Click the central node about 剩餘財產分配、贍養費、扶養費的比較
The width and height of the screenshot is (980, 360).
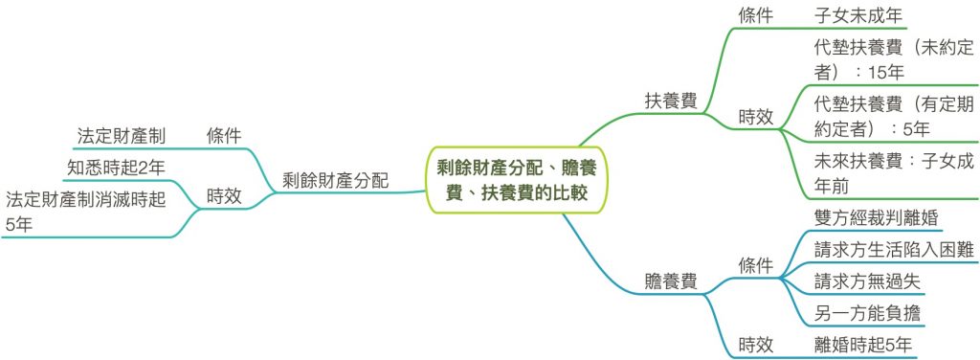(x=516, y=180)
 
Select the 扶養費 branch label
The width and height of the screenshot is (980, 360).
(x=671, y=101)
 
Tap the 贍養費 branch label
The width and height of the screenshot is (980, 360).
(x=671, y=281)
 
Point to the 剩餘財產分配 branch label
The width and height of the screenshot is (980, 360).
(x=336, y=181)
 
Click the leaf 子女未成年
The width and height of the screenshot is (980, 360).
(x=858, y=14)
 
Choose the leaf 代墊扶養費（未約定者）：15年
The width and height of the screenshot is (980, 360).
(x=895, y=60)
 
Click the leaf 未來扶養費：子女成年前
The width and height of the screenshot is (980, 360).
(x=895, y=173)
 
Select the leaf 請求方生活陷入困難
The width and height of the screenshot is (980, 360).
(x=895, y=250)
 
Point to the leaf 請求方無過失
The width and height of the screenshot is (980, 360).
(x=867, y=281)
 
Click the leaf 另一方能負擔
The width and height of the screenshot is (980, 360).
(x=867, y=312)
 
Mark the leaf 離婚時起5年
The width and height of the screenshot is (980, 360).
(x=863, y=344)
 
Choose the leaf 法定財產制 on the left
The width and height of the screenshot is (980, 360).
(x=122, y=136)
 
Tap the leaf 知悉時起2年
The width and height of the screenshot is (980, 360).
(x=116, y=168)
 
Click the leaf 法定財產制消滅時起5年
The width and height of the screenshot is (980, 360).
(x=85, y=213)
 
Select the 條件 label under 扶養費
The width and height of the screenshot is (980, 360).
(x=756, y=14)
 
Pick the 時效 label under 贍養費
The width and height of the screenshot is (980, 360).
(x=756, y=344)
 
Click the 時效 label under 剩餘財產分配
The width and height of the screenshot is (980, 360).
(x=224, y=196)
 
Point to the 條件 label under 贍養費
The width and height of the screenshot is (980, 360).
(x=756, y=265)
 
